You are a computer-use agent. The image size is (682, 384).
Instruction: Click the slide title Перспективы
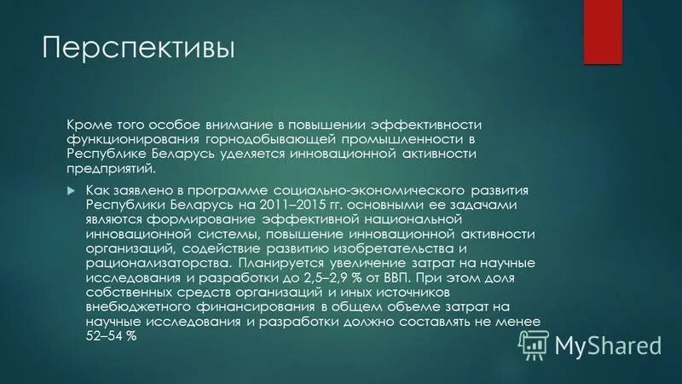click(x=138, y=47)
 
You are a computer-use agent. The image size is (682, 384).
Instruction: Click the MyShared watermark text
click(x=608, y=345)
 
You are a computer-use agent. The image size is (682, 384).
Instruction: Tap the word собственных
click(x=135, y=294)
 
